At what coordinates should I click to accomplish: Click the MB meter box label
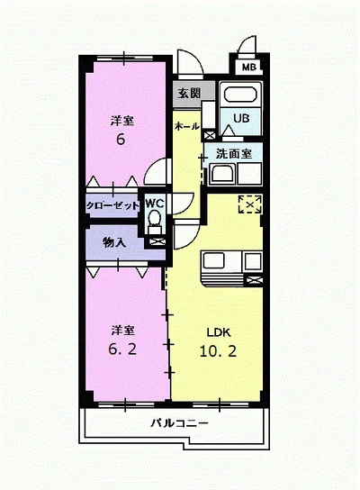[249, 67]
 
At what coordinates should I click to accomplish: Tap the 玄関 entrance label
[189, 93]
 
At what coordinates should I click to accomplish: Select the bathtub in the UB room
[240, 95]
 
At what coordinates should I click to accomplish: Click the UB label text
[241, 118]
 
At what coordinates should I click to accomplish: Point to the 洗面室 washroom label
[234, 153]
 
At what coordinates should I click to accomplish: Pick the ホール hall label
[186, 126]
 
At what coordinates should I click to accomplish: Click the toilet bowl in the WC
[155, 217]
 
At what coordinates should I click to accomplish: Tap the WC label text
[155, 204]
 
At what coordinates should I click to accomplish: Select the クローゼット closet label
[112, 205]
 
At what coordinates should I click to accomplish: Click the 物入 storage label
[114, 242]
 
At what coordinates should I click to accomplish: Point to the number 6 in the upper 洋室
[121, 139]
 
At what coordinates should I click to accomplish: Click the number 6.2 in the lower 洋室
[122, 349]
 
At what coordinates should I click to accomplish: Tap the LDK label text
[219, 332]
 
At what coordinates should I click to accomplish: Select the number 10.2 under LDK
[218, 351]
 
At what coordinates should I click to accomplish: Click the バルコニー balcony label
[179, 423]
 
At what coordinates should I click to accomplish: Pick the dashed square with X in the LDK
[250, 204]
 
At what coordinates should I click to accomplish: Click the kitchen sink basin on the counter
[214, 260]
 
